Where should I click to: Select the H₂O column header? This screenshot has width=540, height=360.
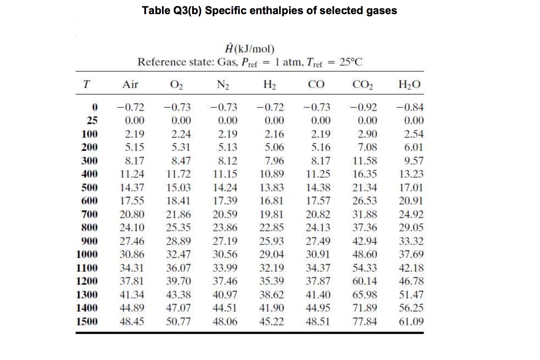(x=409, y=85)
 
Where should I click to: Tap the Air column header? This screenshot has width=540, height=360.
(x=130, y=84)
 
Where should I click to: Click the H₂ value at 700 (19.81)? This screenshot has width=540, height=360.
(x=272, y=214)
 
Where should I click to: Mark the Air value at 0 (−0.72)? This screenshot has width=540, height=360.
(x=131, y=107)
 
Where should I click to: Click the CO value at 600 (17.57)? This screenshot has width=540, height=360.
(x=318, y=201)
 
